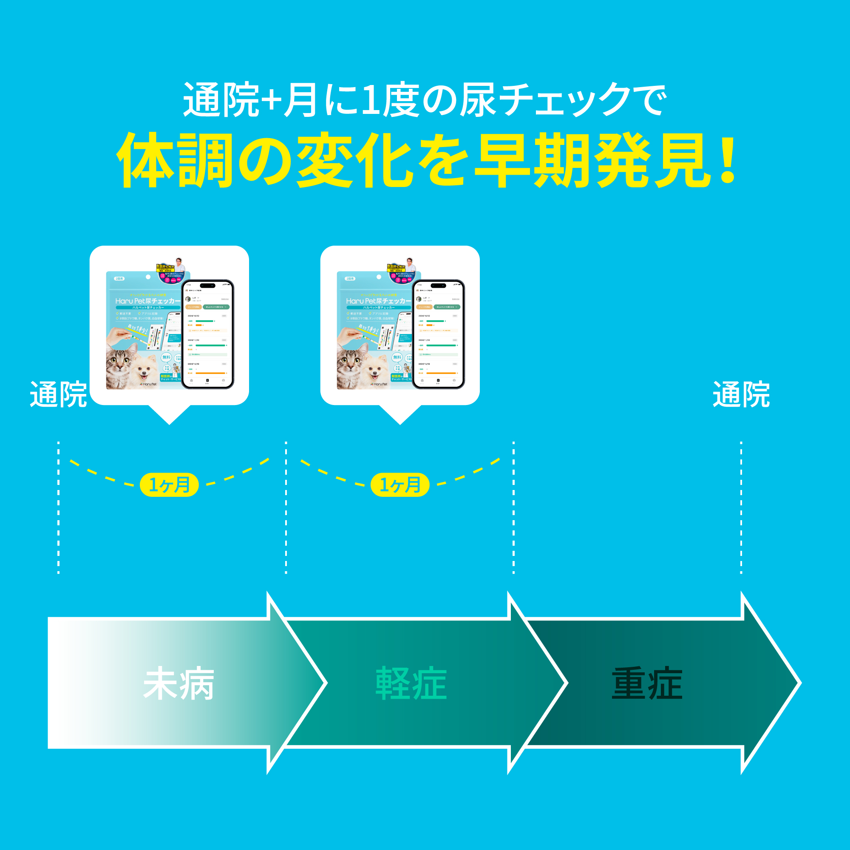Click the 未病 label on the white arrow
(178, 683)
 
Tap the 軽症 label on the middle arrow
(411, 683)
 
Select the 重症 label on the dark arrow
(647, 683)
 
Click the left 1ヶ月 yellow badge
(170, 485)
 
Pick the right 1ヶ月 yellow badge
(400, 485)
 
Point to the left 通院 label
(58, 395)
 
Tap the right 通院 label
(741, 395)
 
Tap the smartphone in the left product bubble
(208, 334)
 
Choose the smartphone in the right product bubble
(438, 334)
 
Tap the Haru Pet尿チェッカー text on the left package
(148, 301)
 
